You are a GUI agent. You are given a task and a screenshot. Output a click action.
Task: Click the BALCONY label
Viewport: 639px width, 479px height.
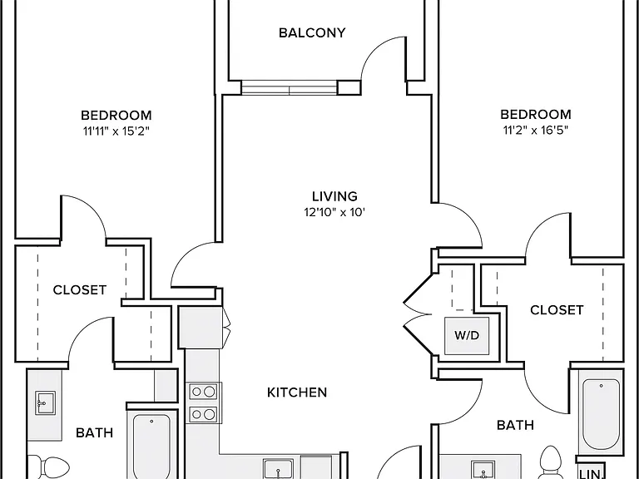[312, 32]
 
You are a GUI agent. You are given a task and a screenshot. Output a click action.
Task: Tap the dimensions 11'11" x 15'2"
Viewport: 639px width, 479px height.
[116, 131]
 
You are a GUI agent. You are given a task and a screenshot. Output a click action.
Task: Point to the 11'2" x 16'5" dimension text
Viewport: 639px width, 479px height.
[536, 130]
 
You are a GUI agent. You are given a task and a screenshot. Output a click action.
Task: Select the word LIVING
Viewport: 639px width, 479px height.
[334, 196]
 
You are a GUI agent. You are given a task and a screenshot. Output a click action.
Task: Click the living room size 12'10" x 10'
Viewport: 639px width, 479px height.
[334, 212]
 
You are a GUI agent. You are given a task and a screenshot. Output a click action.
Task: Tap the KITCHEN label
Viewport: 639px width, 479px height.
[297, 393]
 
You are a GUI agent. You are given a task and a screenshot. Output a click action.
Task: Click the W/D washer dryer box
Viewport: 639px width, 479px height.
[467, 336]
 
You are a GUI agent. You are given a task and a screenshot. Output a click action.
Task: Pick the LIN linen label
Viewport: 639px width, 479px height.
[590, 473]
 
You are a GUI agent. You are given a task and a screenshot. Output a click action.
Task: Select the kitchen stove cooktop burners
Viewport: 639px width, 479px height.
[204, 402]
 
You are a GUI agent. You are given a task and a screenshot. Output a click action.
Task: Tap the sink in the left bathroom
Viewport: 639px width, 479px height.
[45, 402]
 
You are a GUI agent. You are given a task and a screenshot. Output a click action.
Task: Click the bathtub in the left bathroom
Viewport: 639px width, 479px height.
[151, 447]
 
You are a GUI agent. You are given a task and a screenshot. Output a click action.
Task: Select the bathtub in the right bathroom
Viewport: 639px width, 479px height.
[601, 414]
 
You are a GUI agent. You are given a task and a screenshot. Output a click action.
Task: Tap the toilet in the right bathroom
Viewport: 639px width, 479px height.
[551, 462]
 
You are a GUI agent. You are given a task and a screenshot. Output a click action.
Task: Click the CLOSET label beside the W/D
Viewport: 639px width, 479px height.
[557, 310]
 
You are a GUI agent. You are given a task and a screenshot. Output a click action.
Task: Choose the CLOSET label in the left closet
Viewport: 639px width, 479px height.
[80, 290]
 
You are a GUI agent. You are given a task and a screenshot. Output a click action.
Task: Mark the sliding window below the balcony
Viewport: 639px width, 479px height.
[290, 87]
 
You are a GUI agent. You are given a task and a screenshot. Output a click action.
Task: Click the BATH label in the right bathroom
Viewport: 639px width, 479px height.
[515, 425]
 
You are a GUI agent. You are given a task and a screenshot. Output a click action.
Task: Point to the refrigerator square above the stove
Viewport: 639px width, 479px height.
[201, 328]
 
